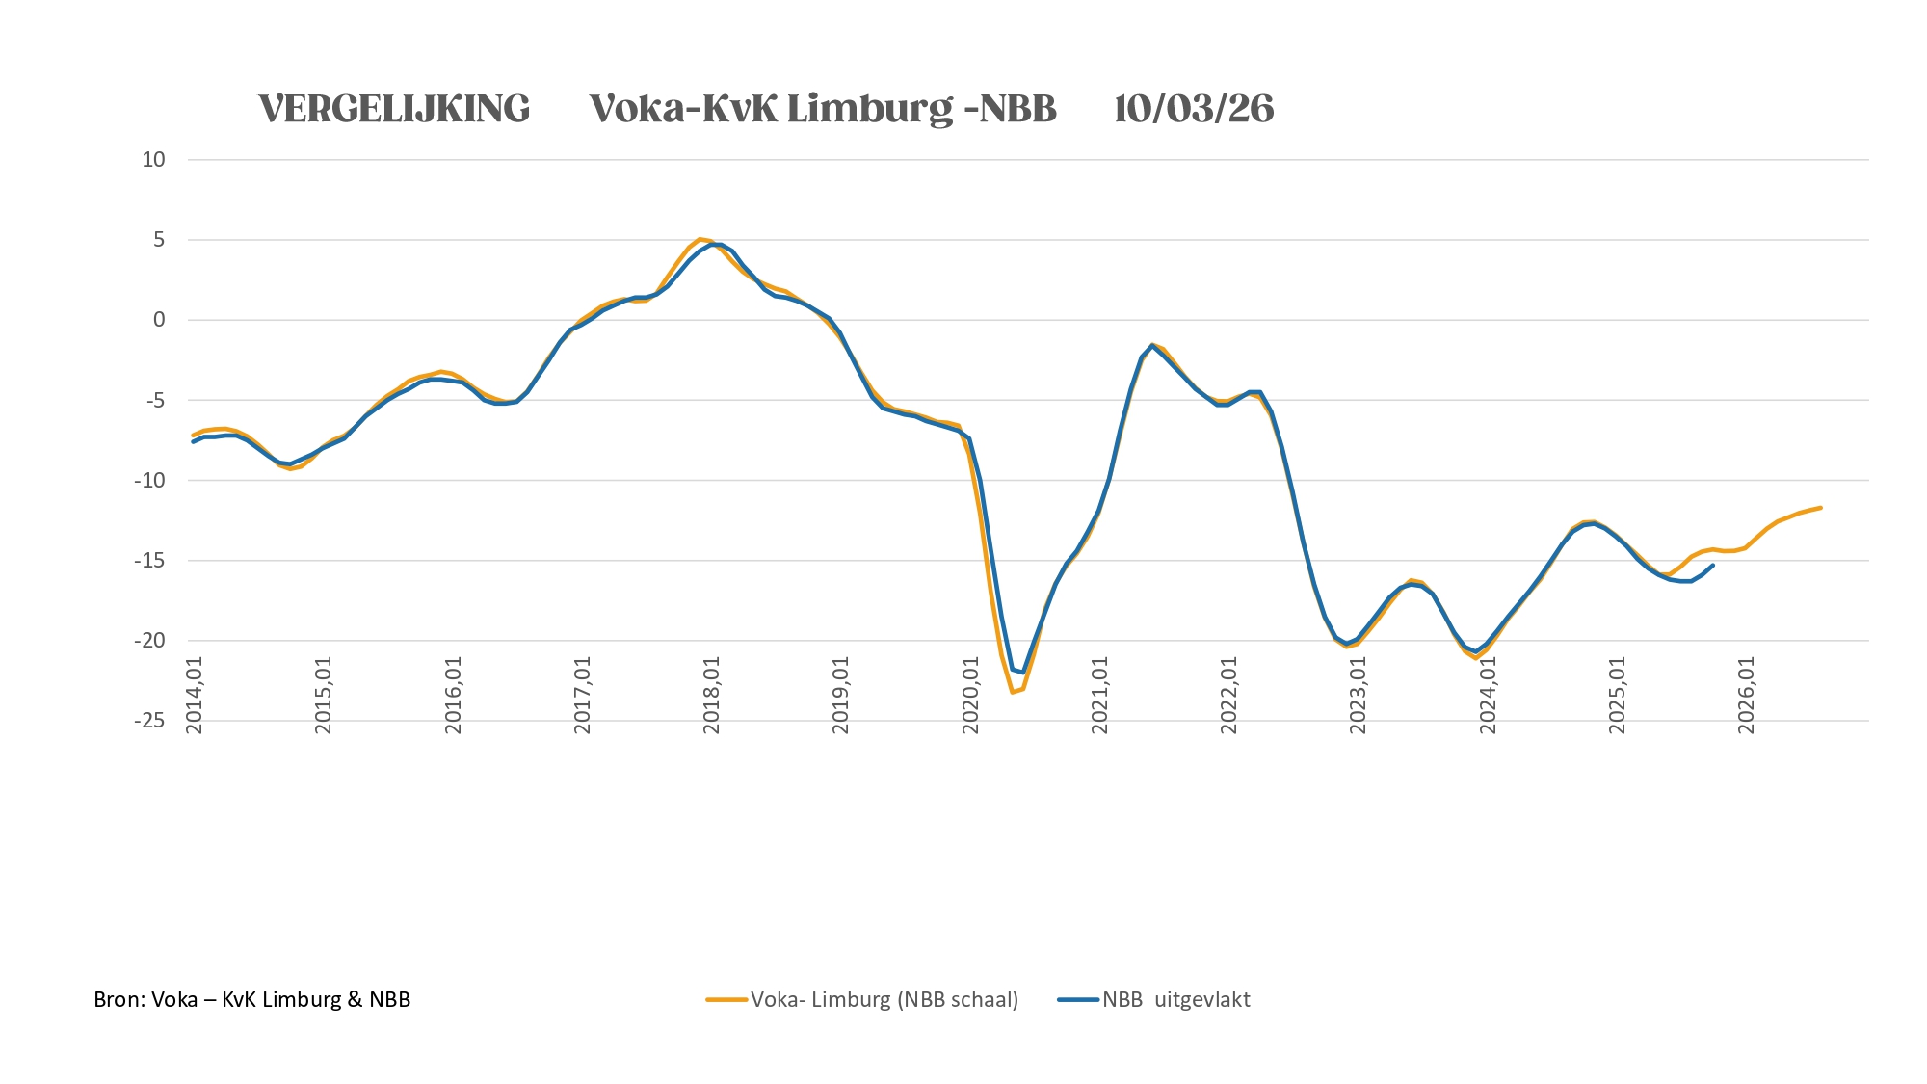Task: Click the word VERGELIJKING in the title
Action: point(394,109)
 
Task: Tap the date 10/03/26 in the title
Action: point(1194,109)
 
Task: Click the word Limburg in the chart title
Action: point(870,109)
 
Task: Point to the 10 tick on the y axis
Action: point(154,160)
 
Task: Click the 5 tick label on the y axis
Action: point(159,240)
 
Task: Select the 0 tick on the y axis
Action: point(159,320)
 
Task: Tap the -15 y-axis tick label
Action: point(150,561)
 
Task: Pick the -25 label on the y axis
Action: point(150,721)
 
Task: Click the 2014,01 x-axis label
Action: point(195,696)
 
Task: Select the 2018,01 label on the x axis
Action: point(712,696)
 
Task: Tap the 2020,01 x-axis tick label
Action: point(971,696)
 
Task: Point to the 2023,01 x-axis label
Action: point(1359,696)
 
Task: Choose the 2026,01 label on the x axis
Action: point(1747,696)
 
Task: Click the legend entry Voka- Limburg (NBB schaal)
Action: point(884,1000)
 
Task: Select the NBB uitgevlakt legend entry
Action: point(1175,1000)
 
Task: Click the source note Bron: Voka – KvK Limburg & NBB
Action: point(252,1000)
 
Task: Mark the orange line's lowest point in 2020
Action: point(1012,692)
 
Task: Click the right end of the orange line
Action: point(1820,507)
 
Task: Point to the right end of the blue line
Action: point(1712,566)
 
